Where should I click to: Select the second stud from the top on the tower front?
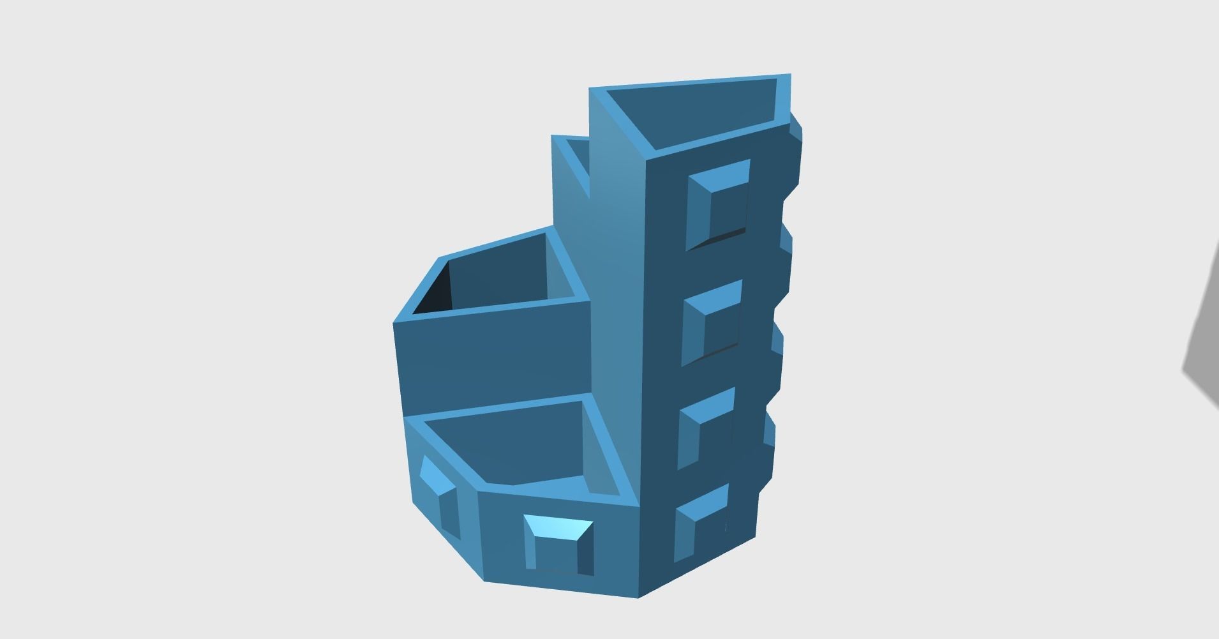pos(712,322)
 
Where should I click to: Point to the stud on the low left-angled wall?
pos(440,495)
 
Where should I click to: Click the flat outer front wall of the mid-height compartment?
pos(491,357)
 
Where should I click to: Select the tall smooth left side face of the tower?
pos(616,287)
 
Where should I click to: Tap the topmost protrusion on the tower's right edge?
pos(796,147)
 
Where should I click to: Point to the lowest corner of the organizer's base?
pos(639,598)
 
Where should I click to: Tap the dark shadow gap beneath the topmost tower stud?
pos(718,238)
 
